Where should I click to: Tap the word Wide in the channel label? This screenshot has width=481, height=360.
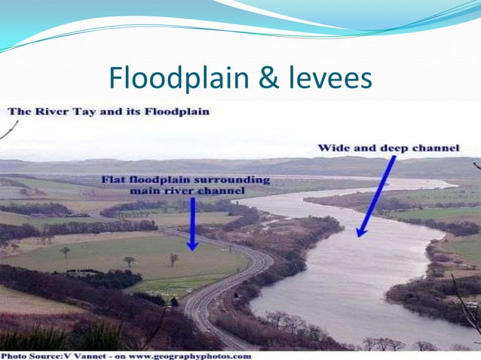(332, 148)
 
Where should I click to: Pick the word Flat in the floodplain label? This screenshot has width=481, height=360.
(116, 181)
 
